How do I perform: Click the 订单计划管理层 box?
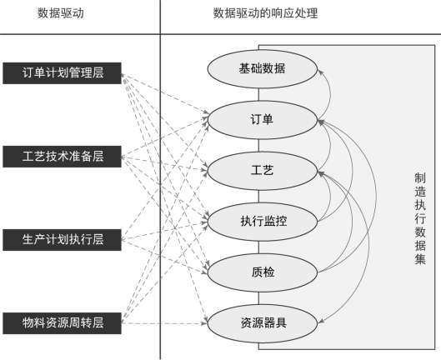[62, 73]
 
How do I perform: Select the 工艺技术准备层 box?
[62, 157]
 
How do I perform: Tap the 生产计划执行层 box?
[62, 240]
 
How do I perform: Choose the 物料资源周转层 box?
[62, 323]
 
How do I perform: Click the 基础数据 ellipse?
[263, 69]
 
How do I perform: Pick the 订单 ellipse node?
[263, 120]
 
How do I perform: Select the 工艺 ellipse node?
[263, 171]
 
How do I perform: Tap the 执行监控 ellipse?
[263, 222]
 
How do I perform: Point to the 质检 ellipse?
[263, 272]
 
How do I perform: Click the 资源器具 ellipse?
[263, 323]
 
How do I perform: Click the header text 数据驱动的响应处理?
[265, 13]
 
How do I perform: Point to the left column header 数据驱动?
[61, 13]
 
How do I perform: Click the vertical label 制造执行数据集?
[420, 218]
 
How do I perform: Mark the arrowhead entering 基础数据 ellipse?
[320, 72]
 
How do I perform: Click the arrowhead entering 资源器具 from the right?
[321, 322]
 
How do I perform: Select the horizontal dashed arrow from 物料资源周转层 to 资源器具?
[164, 323]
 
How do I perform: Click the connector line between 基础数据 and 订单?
[258, 94]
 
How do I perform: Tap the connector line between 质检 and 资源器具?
[258, 298]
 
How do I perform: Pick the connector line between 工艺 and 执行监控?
[258, 197]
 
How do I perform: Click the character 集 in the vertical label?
[420, 259]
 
